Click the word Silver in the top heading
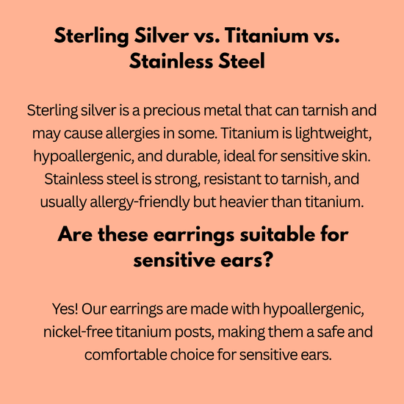pyautogui.click(x=162, y=35)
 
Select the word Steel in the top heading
pyautogui.click(x=242, y=61)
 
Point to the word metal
pyautogui.click(x=223, y=110)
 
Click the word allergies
pyautogui.click(x=132, y=134)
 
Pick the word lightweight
pyautogui.click(x=333, y=134)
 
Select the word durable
pyautogui.click(x=192, y=156)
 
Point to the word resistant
pyautogui.click(x=232, y=179)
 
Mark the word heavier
pyautogui.click(x=243, y=202)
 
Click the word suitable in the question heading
pyautogui.click(x=277, y=234)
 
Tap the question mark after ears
pyautogui.click(x=268, y=260)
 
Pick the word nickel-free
pyautogui.click(x=78, y=332)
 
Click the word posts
pyautogui.click(x=194, y=332)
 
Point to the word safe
pyautogui.click(x=331, y=331)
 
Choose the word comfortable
pyautogui.click(x=126, y=355)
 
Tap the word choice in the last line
pyautogui.click(x=192, y=355)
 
